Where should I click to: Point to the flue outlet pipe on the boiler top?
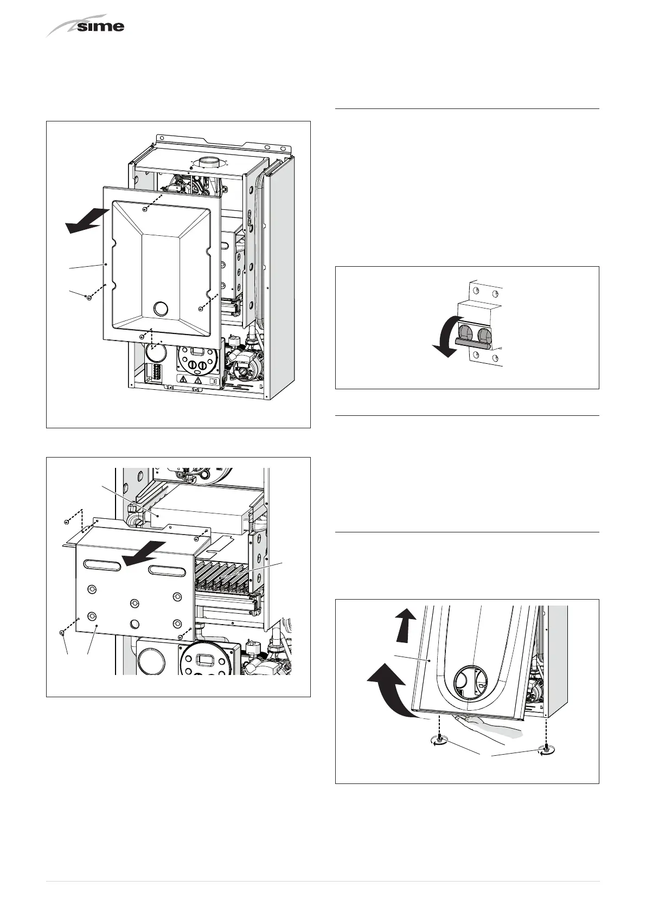pos(207,162)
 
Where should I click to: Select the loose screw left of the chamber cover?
pos(88,297)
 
